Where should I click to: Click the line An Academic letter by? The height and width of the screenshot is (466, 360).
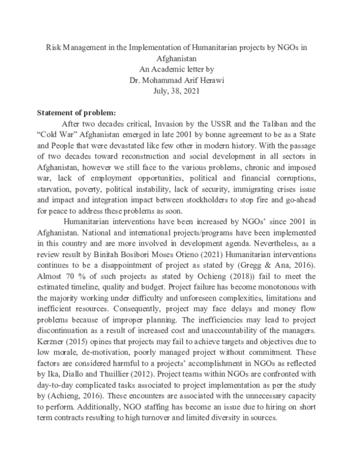click(180, 68)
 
